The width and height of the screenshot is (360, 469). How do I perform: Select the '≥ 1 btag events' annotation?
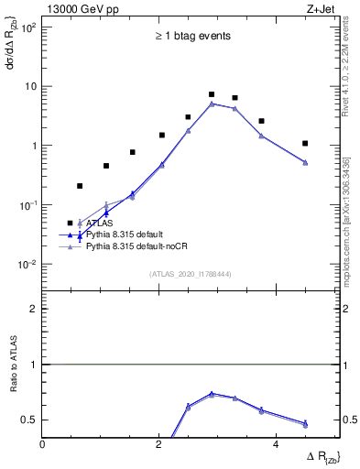point(192,37)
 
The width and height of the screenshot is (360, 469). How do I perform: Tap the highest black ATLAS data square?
point(212,94)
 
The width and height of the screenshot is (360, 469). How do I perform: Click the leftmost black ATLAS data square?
point(80,186)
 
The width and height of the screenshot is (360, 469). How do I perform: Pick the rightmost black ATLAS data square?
point(305,144)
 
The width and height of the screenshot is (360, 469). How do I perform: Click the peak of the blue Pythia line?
point(212,104)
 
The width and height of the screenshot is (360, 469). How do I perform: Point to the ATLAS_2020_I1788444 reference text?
point(191,273)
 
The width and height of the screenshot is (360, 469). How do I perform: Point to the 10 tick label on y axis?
point(30,86)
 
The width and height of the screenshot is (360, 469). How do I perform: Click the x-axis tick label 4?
point(276,445)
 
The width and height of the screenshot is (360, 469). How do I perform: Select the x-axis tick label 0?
point(43,445)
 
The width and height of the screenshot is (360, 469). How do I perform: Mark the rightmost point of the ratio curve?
point(305,423)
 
